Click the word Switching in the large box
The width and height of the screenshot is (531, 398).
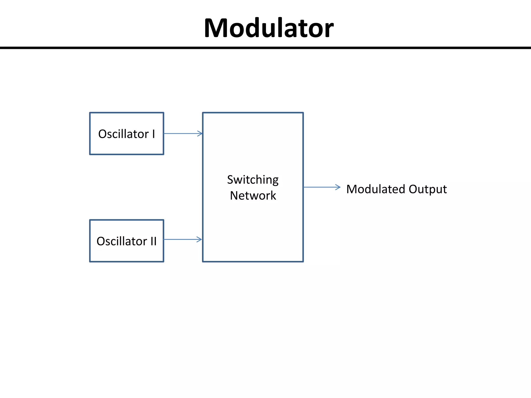253,180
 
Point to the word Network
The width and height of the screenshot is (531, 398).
253,196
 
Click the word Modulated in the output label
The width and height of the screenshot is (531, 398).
376,189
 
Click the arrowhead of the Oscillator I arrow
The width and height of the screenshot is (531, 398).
200,133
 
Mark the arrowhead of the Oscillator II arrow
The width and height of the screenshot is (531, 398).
199,239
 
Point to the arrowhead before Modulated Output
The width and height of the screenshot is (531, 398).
338,187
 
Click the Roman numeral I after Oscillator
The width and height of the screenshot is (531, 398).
153,134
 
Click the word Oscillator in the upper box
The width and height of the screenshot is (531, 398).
123,134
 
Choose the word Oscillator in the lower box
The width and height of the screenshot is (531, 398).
122,241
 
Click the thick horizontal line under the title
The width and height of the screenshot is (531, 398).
265,48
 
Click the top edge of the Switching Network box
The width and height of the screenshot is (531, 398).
253,113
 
